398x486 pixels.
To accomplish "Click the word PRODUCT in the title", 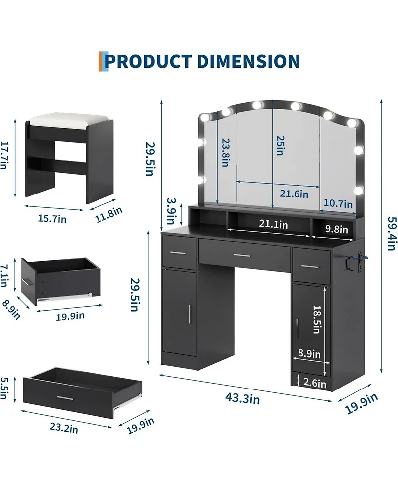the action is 148,61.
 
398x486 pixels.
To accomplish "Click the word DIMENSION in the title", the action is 248,61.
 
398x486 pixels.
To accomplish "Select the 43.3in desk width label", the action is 242,398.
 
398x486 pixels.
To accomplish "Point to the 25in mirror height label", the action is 280,145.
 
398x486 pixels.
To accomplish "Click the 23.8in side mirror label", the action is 225,153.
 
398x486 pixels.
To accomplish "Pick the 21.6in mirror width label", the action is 294,194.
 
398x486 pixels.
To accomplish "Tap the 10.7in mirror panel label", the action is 338,204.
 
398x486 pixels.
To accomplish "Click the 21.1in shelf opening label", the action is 274,224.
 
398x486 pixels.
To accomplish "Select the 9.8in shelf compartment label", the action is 337,229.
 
